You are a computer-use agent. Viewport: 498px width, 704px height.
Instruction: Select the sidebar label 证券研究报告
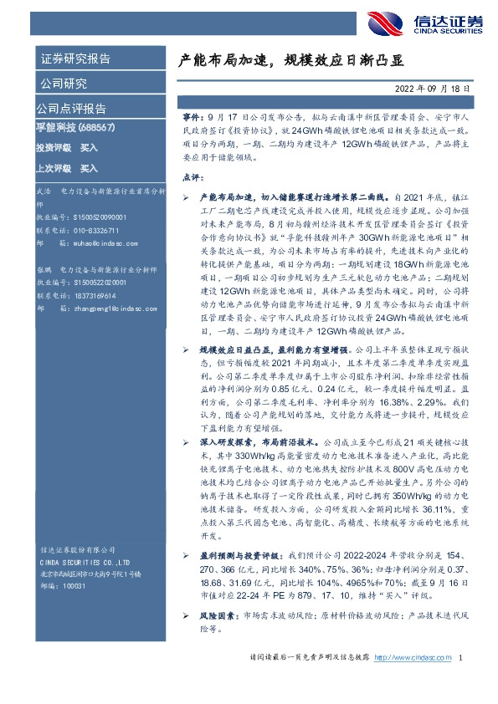(76, 59)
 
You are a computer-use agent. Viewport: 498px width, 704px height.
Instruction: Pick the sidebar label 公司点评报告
(71, 109)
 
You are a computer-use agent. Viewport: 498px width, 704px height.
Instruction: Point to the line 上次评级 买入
(68, 168)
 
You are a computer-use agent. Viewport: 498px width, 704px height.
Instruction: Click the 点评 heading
(192, 176)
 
